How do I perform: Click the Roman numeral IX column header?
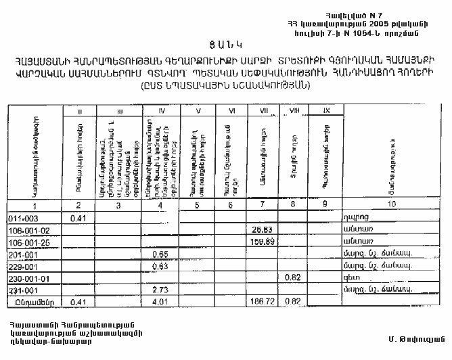(325, 110)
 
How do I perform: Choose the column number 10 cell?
(390, 205)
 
